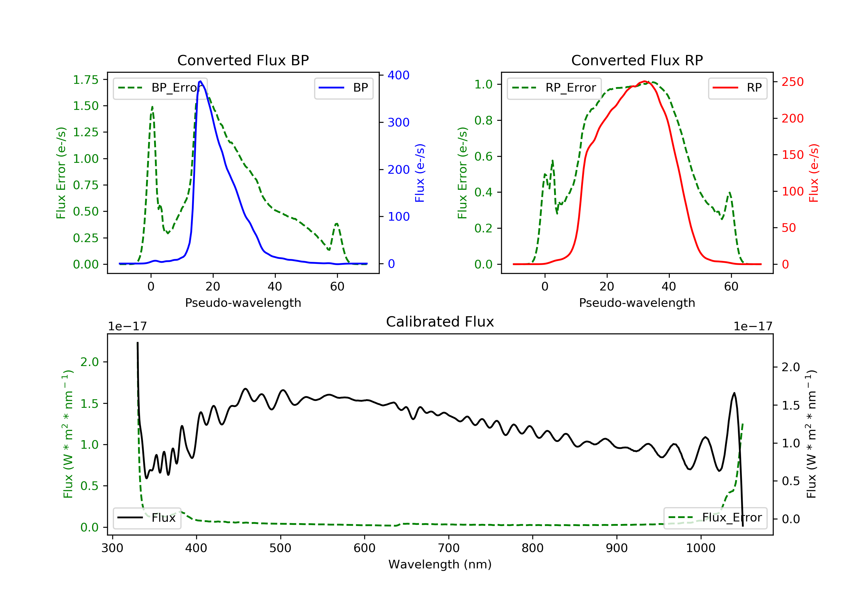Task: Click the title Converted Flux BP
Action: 243,60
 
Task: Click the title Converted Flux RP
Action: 637,60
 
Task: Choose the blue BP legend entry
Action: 343,88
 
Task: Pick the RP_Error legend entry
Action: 554,88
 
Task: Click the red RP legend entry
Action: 737,88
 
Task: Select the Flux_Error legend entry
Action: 715,518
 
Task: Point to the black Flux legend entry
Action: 147,518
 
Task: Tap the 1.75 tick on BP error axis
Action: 86,80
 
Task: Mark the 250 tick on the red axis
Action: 792,82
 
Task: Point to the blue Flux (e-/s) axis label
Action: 420,173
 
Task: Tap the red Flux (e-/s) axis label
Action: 814,173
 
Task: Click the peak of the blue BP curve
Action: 200,81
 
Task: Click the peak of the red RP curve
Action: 645,81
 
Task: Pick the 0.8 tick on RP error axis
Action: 483,120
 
